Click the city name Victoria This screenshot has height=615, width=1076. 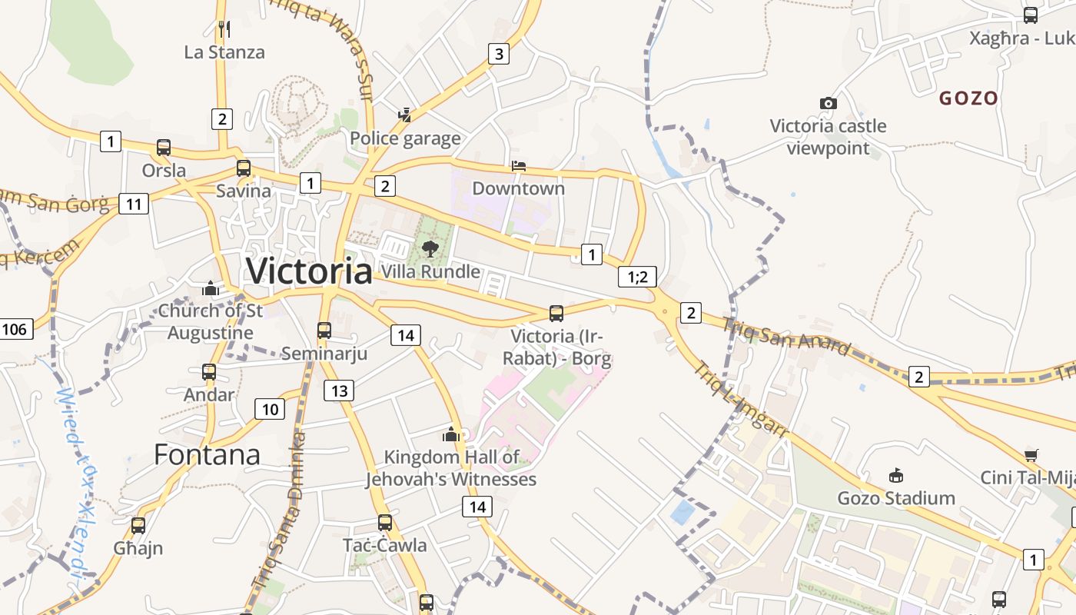[x=309, y=271]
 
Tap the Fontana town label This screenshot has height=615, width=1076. [x=208, y=454]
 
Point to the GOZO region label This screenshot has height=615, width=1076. [x=968, y=98]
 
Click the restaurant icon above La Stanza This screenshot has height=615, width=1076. [x=224, y=29]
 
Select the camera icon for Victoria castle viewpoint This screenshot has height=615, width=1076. [x=828, y=103]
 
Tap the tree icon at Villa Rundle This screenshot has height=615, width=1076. [x=430, y=248]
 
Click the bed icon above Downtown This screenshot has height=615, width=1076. [x=519, y=166]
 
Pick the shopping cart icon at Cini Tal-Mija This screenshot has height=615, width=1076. [x=1031, y=455]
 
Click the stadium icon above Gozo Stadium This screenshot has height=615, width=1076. [x=895, y=476]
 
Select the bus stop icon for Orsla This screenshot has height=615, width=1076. [x=164, y=148]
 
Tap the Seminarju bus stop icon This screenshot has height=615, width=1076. [x=324, y=331]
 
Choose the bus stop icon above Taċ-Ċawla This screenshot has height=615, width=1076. [x=385, y=523]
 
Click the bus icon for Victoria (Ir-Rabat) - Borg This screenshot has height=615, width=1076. [x=556, y=314]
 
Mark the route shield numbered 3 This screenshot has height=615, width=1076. [x=499, y=54]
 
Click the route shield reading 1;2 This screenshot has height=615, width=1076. [x=638, y=277]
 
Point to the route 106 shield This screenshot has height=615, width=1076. [x=15, y=330]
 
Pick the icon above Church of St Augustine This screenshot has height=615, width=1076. [x=211, y=289]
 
